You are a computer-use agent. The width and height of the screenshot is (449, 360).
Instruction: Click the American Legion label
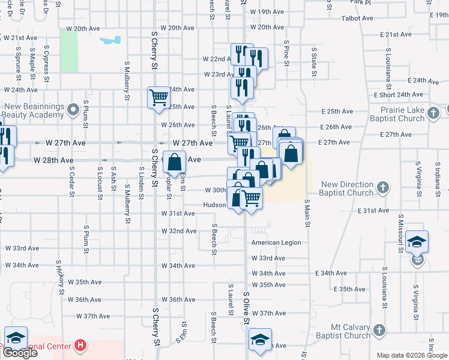(276, 242)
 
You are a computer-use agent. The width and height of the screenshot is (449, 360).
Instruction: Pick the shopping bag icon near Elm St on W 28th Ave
(174, 161)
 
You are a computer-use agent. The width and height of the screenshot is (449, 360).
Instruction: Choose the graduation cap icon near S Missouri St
(417, 241)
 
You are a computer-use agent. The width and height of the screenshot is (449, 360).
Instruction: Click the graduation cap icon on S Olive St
(260, 339)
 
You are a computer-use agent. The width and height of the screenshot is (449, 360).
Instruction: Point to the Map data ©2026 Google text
(412, 355)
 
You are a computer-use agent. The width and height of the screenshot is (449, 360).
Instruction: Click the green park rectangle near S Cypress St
(69, 51)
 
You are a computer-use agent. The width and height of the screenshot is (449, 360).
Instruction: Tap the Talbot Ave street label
(358, 19)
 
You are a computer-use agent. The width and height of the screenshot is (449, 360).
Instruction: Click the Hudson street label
(214, 205)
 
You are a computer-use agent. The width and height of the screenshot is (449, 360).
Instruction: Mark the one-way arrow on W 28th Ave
(105, 160)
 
